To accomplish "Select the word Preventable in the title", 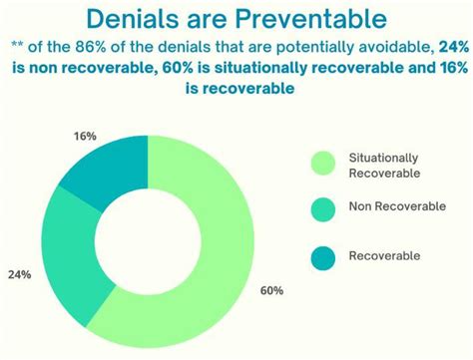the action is coord(311,19).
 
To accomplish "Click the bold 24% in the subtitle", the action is coord(454,47).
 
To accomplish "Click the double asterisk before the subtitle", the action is coord(16,45).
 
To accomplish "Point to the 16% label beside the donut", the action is coord(85,136).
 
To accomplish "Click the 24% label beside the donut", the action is coord(20,275).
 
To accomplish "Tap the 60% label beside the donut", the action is coord(271,291).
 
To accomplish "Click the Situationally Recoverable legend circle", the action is coord(323,164).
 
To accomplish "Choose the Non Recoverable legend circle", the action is coord(323,209).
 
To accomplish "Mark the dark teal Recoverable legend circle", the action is coord(323,258).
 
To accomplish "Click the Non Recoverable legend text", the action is coord(397,206).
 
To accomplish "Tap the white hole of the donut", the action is coord(148,241).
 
